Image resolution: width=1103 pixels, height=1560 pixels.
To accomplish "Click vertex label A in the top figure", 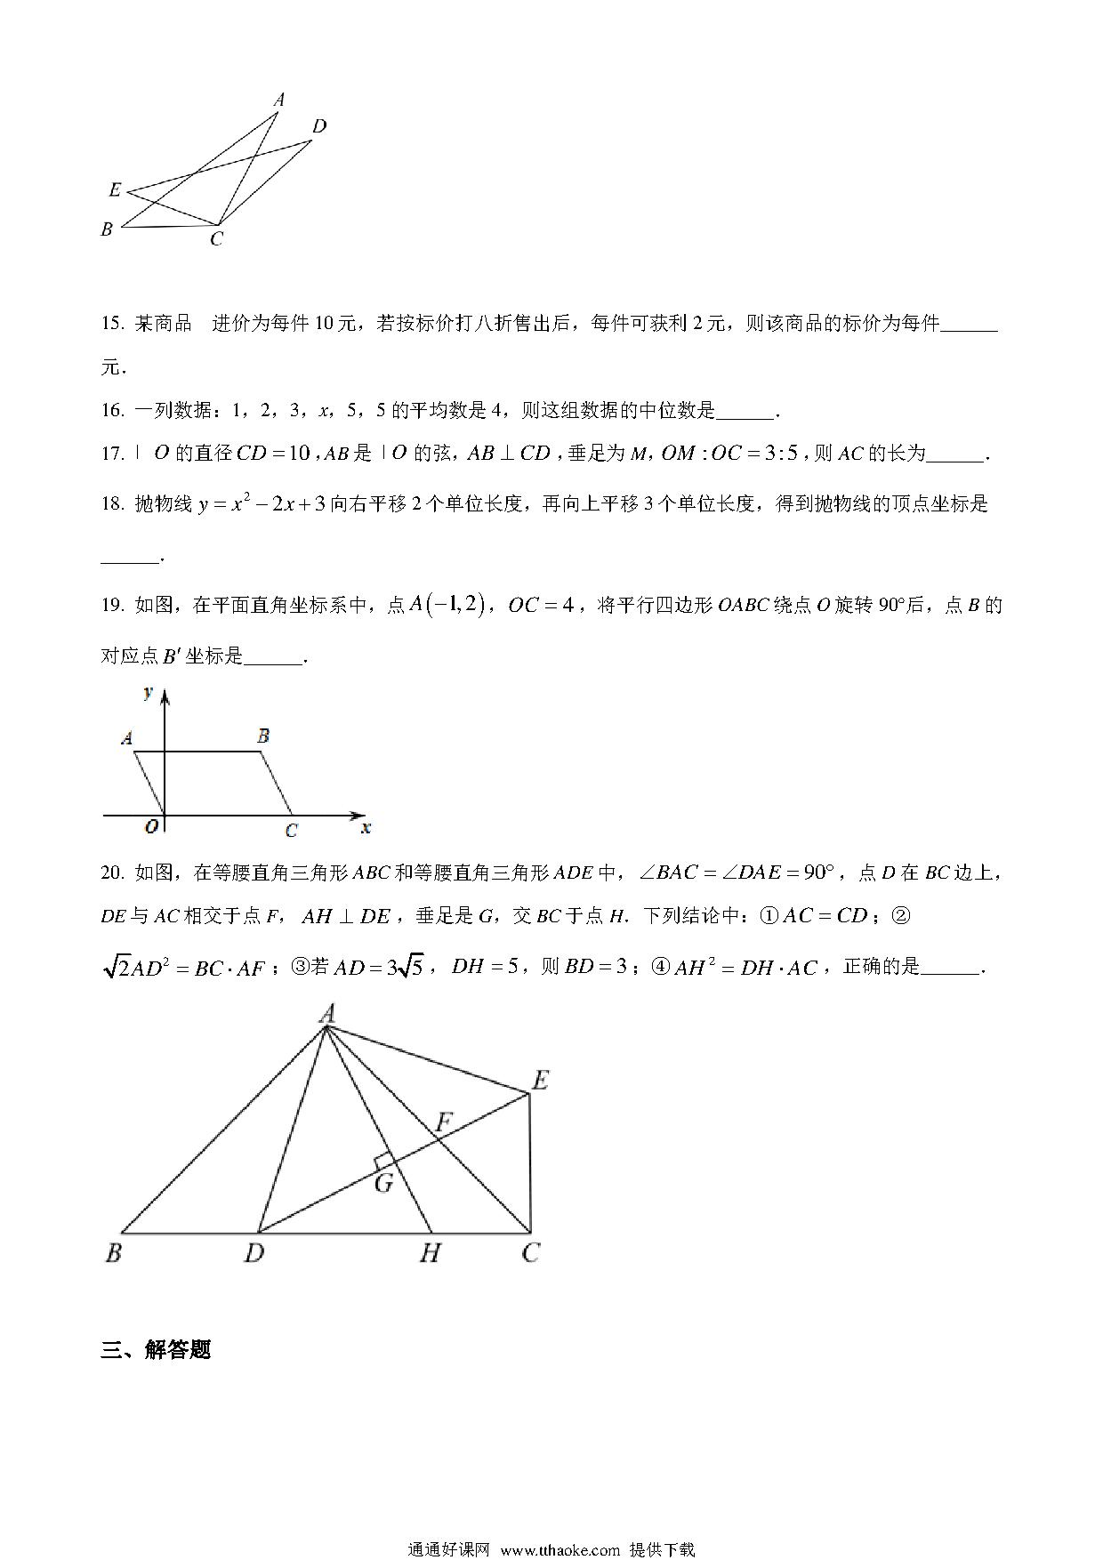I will pos(278,100).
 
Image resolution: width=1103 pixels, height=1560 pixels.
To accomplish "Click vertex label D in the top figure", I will pos(319,126).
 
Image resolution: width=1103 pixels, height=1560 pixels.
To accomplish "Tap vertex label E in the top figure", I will pos(114,189).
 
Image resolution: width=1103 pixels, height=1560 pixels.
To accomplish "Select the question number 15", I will pos(112,324).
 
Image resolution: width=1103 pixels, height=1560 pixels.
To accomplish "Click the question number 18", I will pos(112,504).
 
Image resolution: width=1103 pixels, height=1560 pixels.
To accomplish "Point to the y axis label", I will pos(149,692).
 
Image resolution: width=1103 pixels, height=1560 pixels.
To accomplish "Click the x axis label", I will pos(366,828).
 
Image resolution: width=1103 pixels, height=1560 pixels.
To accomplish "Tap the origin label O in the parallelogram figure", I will pos(151,826).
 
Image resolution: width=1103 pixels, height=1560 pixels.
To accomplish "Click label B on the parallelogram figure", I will pos(263,736).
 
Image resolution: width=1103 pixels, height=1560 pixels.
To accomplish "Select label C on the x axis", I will pos(291,831).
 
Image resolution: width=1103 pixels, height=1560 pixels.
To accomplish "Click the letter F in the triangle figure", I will pos(443,1122).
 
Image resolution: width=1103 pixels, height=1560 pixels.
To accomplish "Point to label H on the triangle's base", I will pos(430,1253).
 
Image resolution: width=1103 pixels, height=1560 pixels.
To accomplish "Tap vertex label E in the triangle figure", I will pos(539,1081).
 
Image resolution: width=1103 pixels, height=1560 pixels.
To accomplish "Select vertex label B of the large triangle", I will pos(113,1253).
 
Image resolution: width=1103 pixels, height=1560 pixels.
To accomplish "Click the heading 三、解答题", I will pos(156,1349).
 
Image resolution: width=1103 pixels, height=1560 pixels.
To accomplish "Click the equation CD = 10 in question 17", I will pos(273,454).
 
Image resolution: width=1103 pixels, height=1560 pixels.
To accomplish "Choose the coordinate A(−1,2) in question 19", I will pos(446,606).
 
